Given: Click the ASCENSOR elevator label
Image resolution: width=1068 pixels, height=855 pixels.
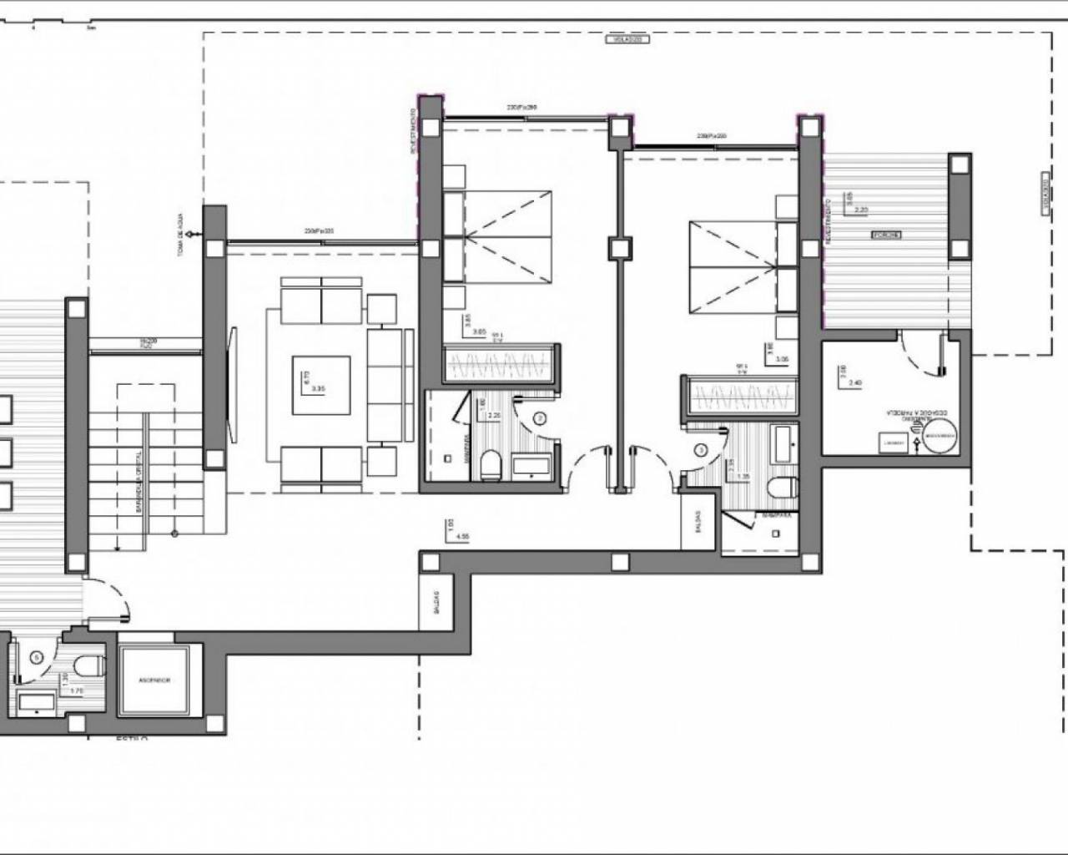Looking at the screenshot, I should click(154, 680).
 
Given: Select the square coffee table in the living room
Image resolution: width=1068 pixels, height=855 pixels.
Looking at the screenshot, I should click(320, 385).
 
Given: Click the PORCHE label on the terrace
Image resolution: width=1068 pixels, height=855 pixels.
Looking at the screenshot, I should click(886, 235).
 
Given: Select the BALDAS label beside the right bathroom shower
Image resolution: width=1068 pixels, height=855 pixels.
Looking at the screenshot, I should click(697, 522).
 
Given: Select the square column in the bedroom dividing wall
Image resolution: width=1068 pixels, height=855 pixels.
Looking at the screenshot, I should click(620, 248).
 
